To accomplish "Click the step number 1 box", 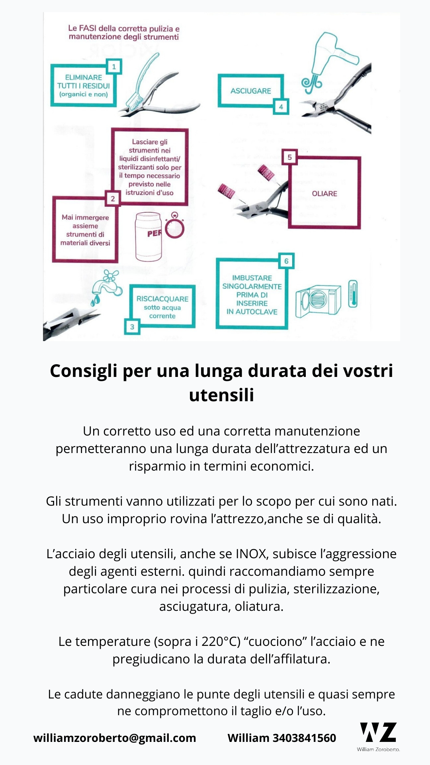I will tap(114, 67).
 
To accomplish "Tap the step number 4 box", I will tap(281, 107).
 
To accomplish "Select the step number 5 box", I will tap(289, 157).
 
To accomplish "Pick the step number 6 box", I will tap(286, 261).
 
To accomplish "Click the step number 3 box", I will tap(132, 327).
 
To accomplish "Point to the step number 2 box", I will tap(113, 198).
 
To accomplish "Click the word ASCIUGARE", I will tap(250, 91).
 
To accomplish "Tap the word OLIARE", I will tap(324, 194).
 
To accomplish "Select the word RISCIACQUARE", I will tap(162, 299).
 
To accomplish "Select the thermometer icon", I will tap(353, 294).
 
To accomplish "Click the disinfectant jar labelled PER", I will tap(149, 237).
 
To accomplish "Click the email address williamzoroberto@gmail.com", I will tap(115, 738).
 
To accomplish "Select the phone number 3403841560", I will tap(304, 738).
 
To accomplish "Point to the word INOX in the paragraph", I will tap(251, 554).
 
